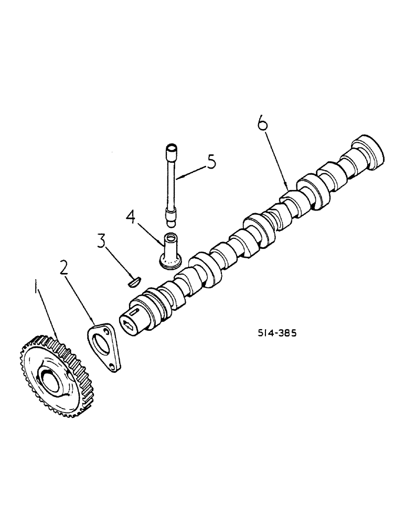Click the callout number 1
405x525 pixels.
36,288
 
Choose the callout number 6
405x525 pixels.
262,124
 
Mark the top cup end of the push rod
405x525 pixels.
171,149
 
